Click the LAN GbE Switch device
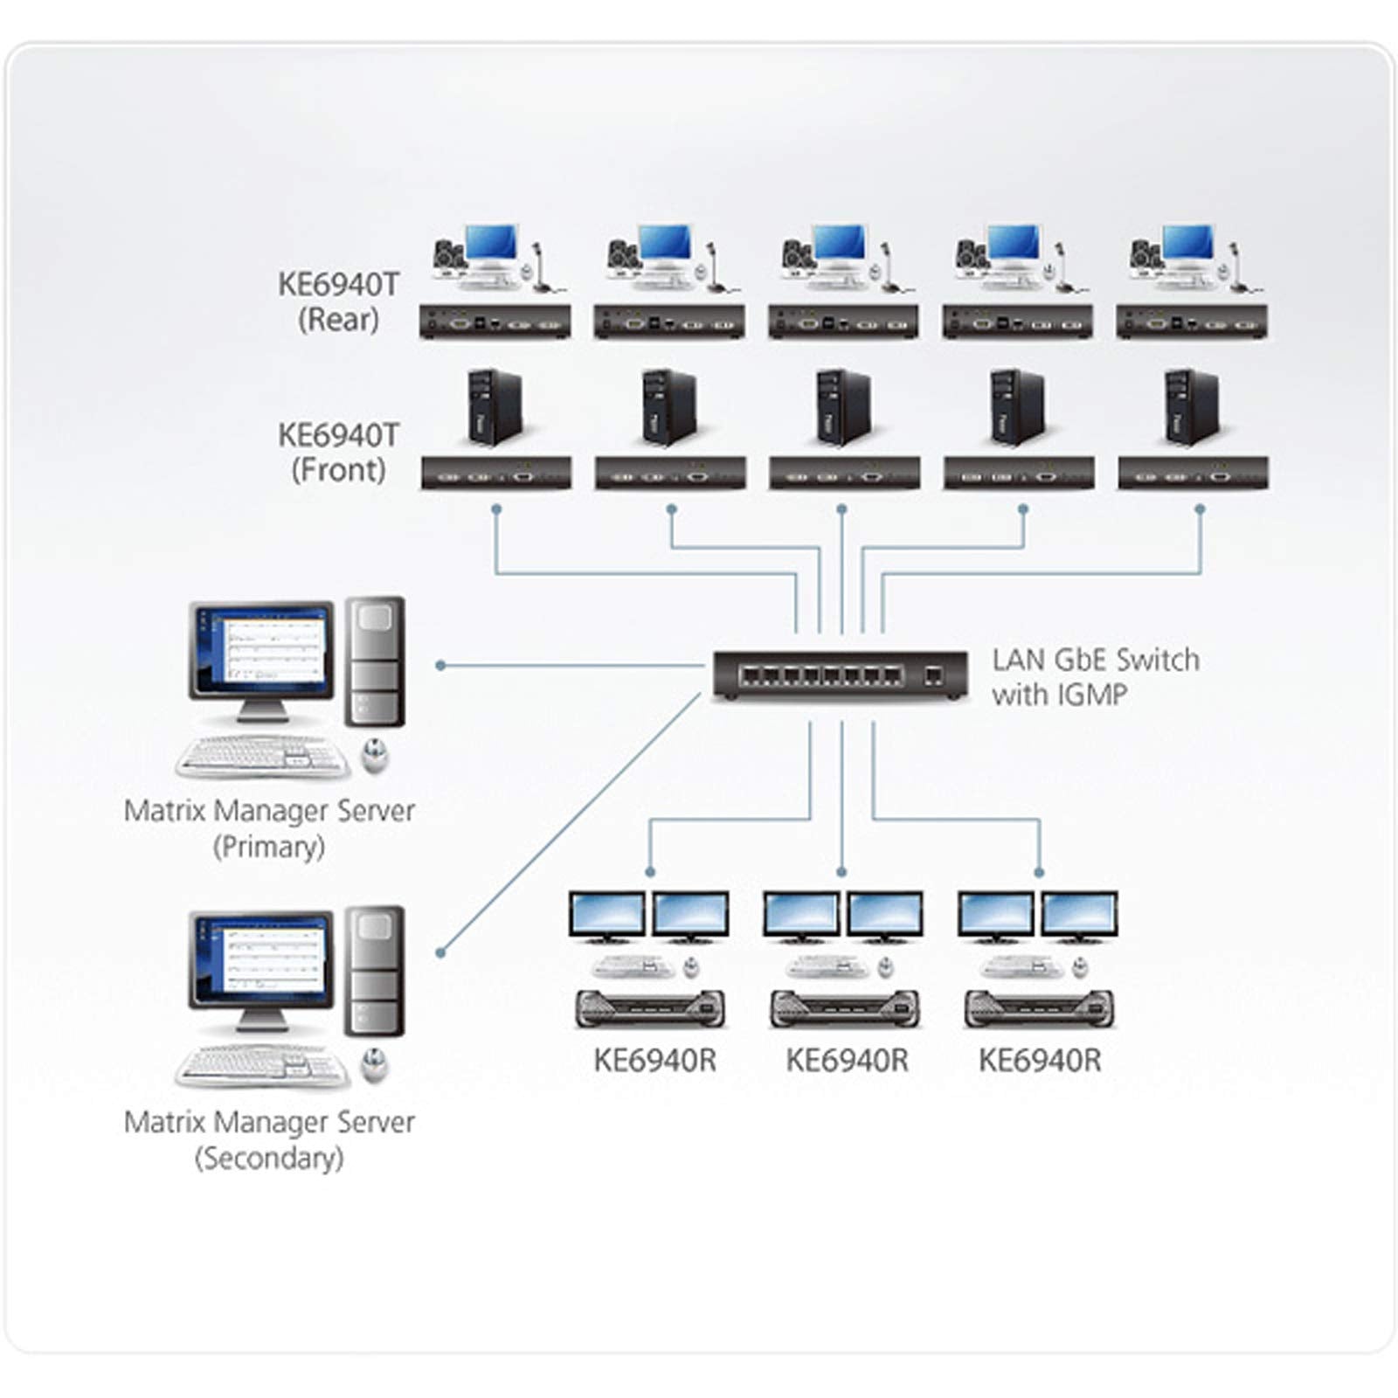pyautogui.click(x=840, y=675)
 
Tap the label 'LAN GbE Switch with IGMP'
pyautogui.click(x=1095, y=677)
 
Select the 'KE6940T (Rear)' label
pyautogui.click(x=338, y=301)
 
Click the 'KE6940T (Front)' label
pyautogui.click(x=338, y=452)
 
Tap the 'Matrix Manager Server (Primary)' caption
pyautogui.click(x=269, y=827)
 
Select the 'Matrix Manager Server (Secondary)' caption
pyautogui.click(x=269, y=1139)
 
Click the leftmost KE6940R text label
pyautogui.click(x=654, y=1060)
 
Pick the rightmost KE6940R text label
pyautogui.click(x=1040, y=1060)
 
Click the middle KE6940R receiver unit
pyautogui.click(x=845, y=1009)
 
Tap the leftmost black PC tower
pyautogui.click(x=495, y=406)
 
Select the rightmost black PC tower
pyautogui.click(x=1192, y=406)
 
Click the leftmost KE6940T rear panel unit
pyautogui.click(x=495, y=322)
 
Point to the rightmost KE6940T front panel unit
pyautogui.click(x=1193, y=474)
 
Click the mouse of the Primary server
pyautogui.click(x=375, y=756)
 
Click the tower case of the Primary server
pyautogui.click(x=375, y=661)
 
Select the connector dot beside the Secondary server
pyautogui.click(x=441, y=952)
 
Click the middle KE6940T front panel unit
pyautogui.click(x=844, y=474)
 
